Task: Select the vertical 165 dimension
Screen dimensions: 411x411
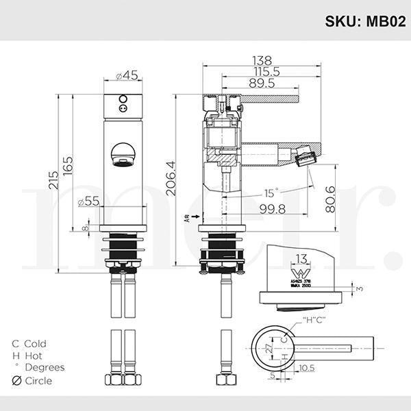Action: coord(69,165)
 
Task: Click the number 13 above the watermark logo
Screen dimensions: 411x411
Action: coord(301,258)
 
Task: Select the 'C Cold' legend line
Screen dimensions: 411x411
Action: coord(29,343)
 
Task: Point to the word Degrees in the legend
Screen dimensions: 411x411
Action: coord(44,366)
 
